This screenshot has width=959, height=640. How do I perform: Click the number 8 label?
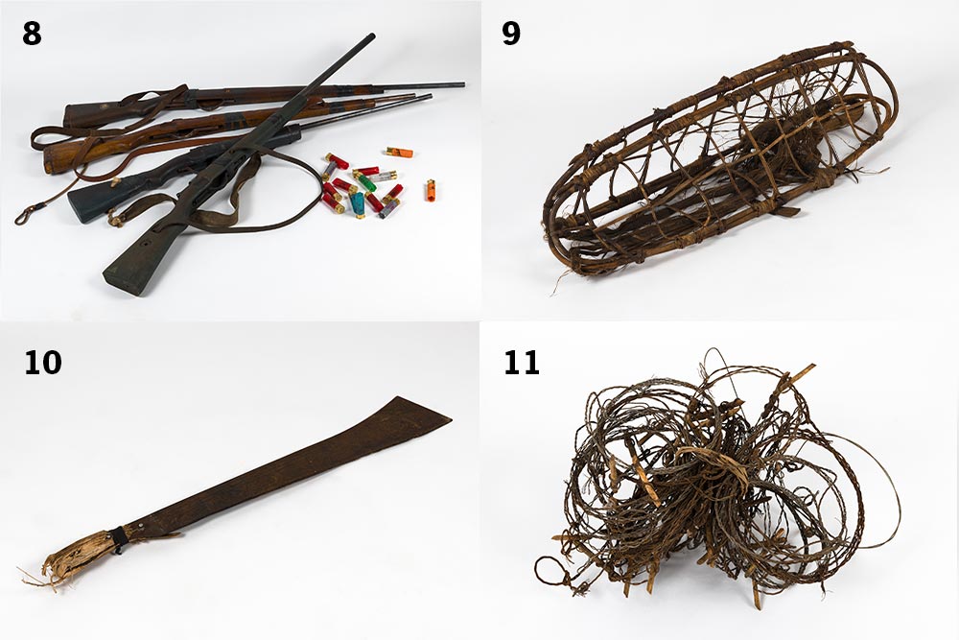pyautogui.click(x=32, y=34)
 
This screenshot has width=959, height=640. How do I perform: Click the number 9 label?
pyautogui.click(x=511, y=34)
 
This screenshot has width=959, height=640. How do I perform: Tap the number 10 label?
pyautogui.click(x=43, y=362)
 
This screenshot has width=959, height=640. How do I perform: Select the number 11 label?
pyautogui.click(x=522, y=362)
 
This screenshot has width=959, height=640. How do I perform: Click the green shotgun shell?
pyautogui.click(x=367, y=183)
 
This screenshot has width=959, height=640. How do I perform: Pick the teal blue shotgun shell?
pyautogui.click(x=357, y=204)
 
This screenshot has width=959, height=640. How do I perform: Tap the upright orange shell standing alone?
pyautogui.click(x=431, y=190)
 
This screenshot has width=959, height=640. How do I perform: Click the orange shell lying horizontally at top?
pyautogui.click(x=399, y=152)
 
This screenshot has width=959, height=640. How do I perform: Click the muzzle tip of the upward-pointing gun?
pyautogui.click(x=372, y=36)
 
